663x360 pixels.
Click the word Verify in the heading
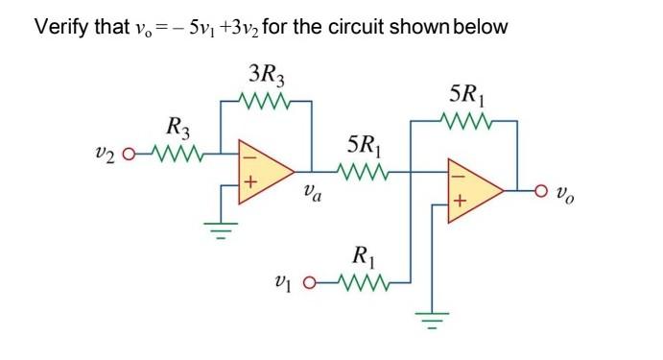[62, 26]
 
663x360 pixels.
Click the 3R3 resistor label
[266, 73]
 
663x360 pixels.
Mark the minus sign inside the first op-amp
[251, 155]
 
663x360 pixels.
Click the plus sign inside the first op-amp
[252, 180]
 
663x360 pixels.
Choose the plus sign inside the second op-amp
[460, 203]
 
